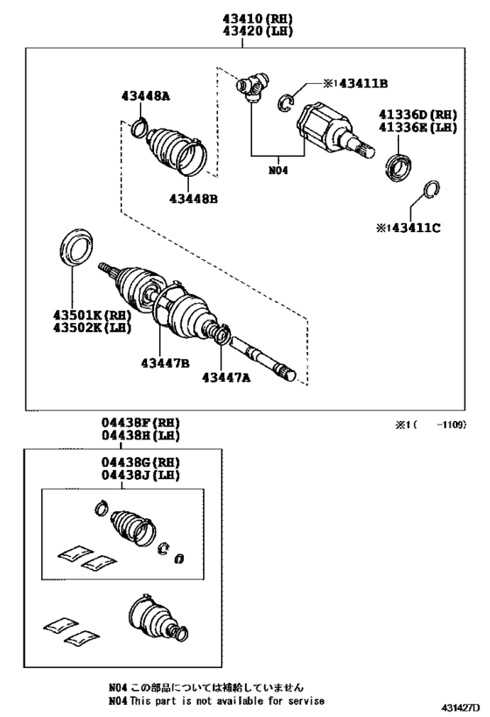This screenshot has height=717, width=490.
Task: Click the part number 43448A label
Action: coord(145,96)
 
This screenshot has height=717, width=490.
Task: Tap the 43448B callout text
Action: coord(193,199)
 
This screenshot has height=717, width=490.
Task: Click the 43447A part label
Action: coord(227,377)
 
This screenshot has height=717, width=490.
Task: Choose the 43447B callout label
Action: coord(165,363)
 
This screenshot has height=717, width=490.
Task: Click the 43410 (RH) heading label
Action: coord(258,18)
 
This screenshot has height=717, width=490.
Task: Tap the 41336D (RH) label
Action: coord(417,115)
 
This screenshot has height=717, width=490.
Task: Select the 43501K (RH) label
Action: coord(93,315)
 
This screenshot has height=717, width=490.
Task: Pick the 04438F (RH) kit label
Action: coord(141,423)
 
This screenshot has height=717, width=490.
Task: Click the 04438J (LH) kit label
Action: coord(141,475)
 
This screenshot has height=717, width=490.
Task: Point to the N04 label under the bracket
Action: coord(278,171)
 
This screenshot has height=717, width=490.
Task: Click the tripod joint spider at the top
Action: coord(252,87)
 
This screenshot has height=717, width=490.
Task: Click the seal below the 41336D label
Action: coord(400,168)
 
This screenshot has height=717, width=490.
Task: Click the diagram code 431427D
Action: coord(460,708)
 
